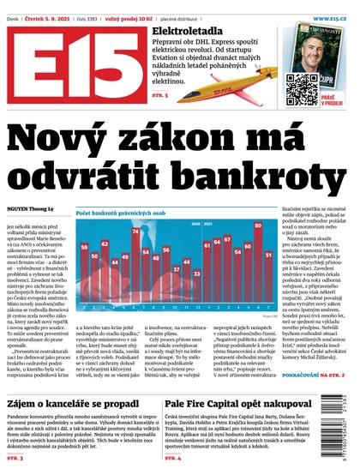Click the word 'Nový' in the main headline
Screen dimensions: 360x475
[x=77, y=140]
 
